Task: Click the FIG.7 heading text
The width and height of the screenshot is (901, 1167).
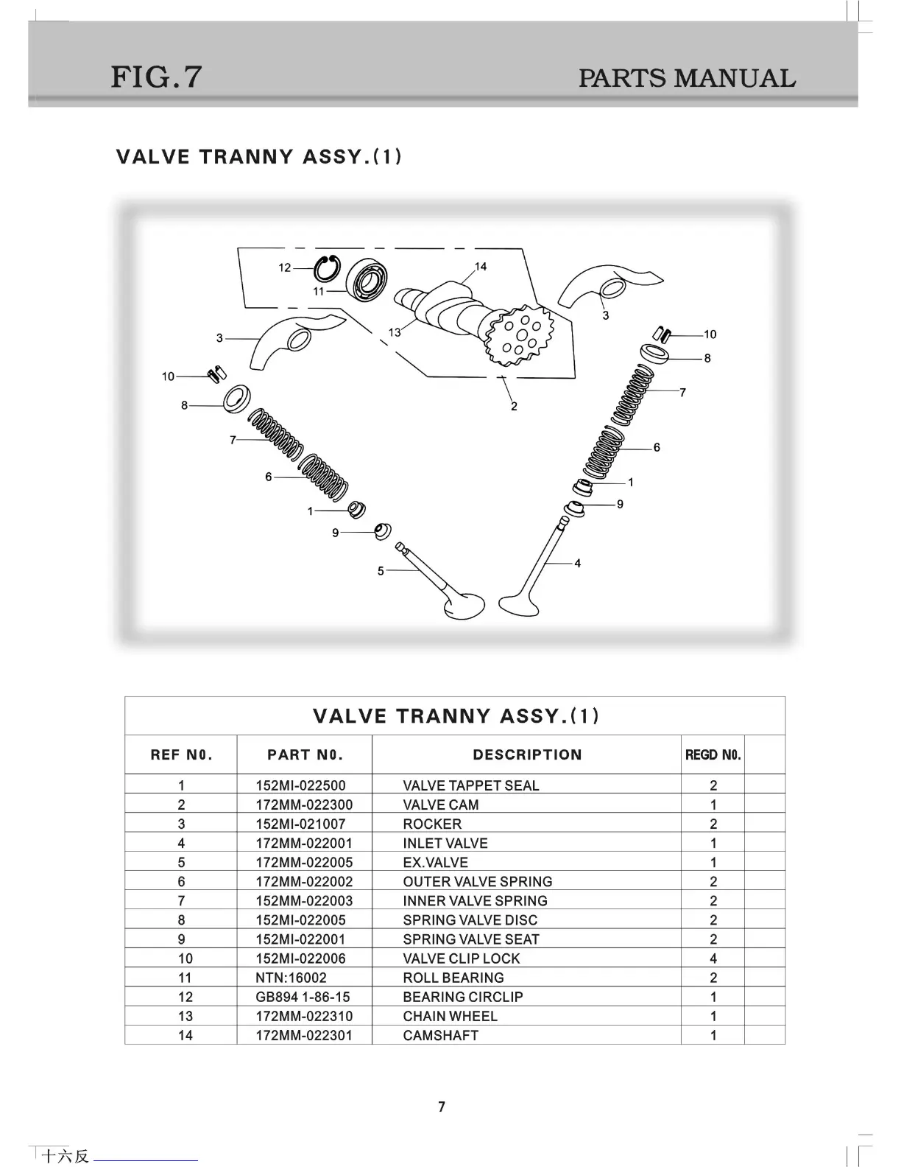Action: tap(156, 77)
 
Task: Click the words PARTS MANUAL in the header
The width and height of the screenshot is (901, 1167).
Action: tap(686, 78)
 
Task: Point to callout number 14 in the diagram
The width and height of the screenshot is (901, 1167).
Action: tap(481, 267)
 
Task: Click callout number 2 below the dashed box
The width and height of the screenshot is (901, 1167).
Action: tap(514, 406)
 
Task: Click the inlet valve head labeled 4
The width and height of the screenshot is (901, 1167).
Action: tap(520, 603)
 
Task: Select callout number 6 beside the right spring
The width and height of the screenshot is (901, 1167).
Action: tap(657, 447)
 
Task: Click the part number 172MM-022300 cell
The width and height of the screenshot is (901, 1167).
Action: tap(304, 805)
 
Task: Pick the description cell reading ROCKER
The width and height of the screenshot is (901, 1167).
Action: tap(432, 824)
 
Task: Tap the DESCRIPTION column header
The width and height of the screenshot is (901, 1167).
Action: tap(527, 754)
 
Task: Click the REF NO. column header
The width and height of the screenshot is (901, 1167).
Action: tap(181, 754)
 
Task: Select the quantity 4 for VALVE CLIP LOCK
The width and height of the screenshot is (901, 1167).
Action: tap(713, 959)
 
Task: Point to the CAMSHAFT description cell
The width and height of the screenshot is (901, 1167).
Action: tap(440, 1035)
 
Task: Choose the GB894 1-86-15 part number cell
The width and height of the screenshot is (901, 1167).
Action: tap(303, 997)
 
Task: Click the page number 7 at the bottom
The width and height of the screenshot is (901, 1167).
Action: tap(442, 1107)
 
